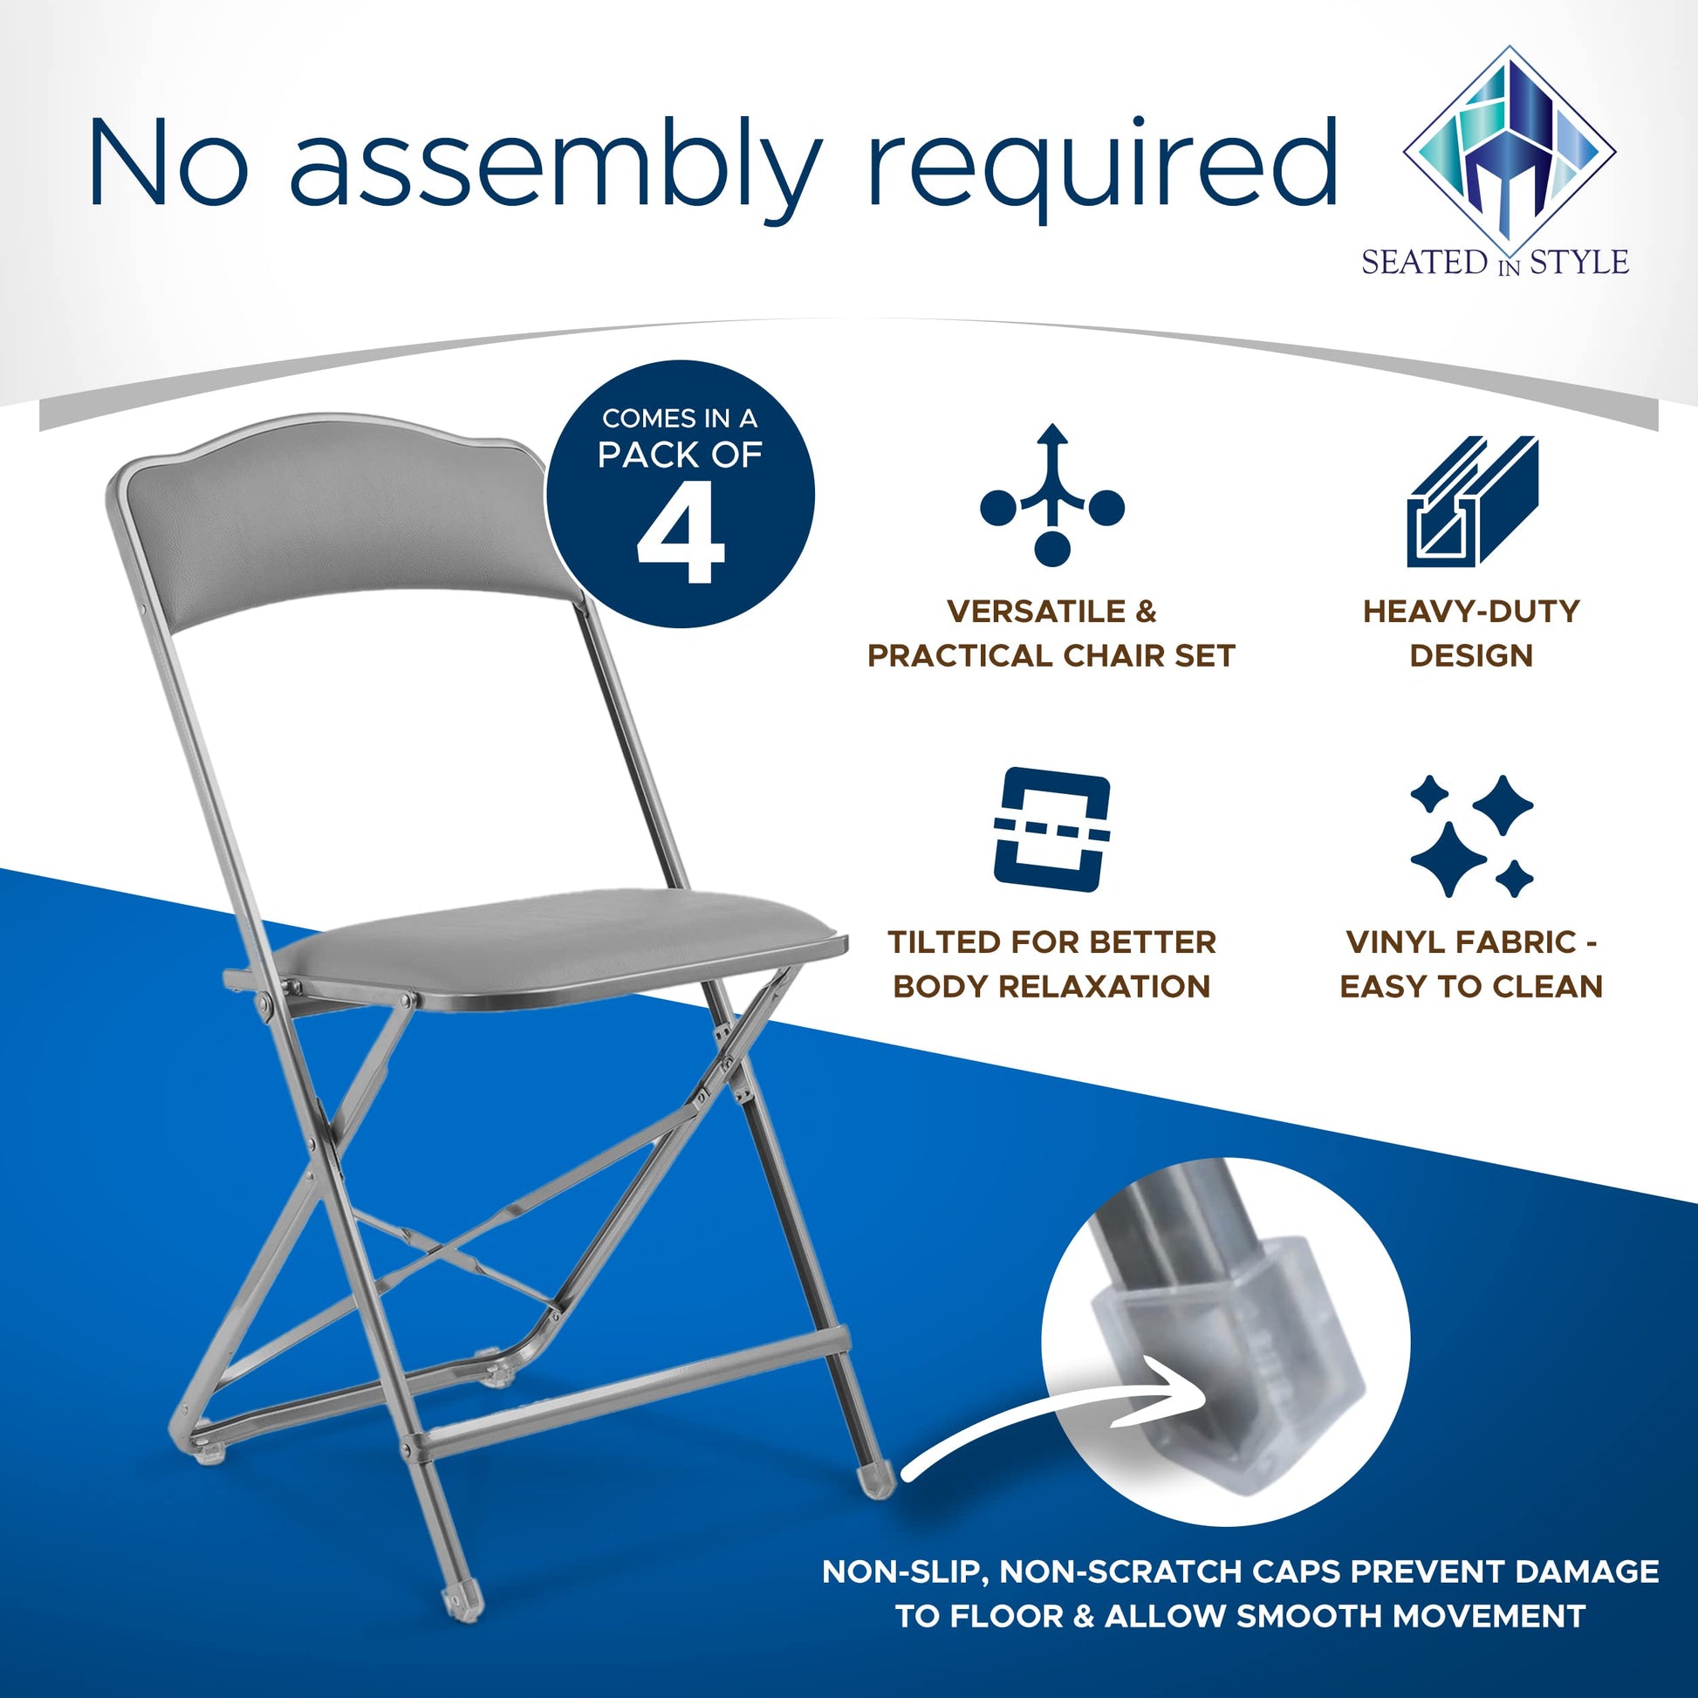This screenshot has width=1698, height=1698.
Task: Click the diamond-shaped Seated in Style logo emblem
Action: coord(1510,145)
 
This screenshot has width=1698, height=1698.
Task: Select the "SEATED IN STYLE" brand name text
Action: coord(1496,262)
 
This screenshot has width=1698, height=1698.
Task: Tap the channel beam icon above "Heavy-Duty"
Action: coord(1472,501)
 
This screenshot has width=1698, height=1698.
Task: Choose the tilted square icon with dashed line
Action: coord(1052,829)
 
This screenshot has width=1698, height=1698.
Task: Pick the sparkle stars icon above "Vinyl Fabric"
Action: coord(1472,835)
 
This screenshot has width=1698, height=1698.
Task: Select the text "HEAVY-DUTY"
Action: coord(1471,612)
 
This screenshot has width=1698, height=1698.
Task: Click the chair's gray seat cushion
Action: coord(563,945)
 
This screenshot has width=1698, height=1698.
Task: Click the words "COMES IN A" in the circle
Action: coord(680,418)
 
